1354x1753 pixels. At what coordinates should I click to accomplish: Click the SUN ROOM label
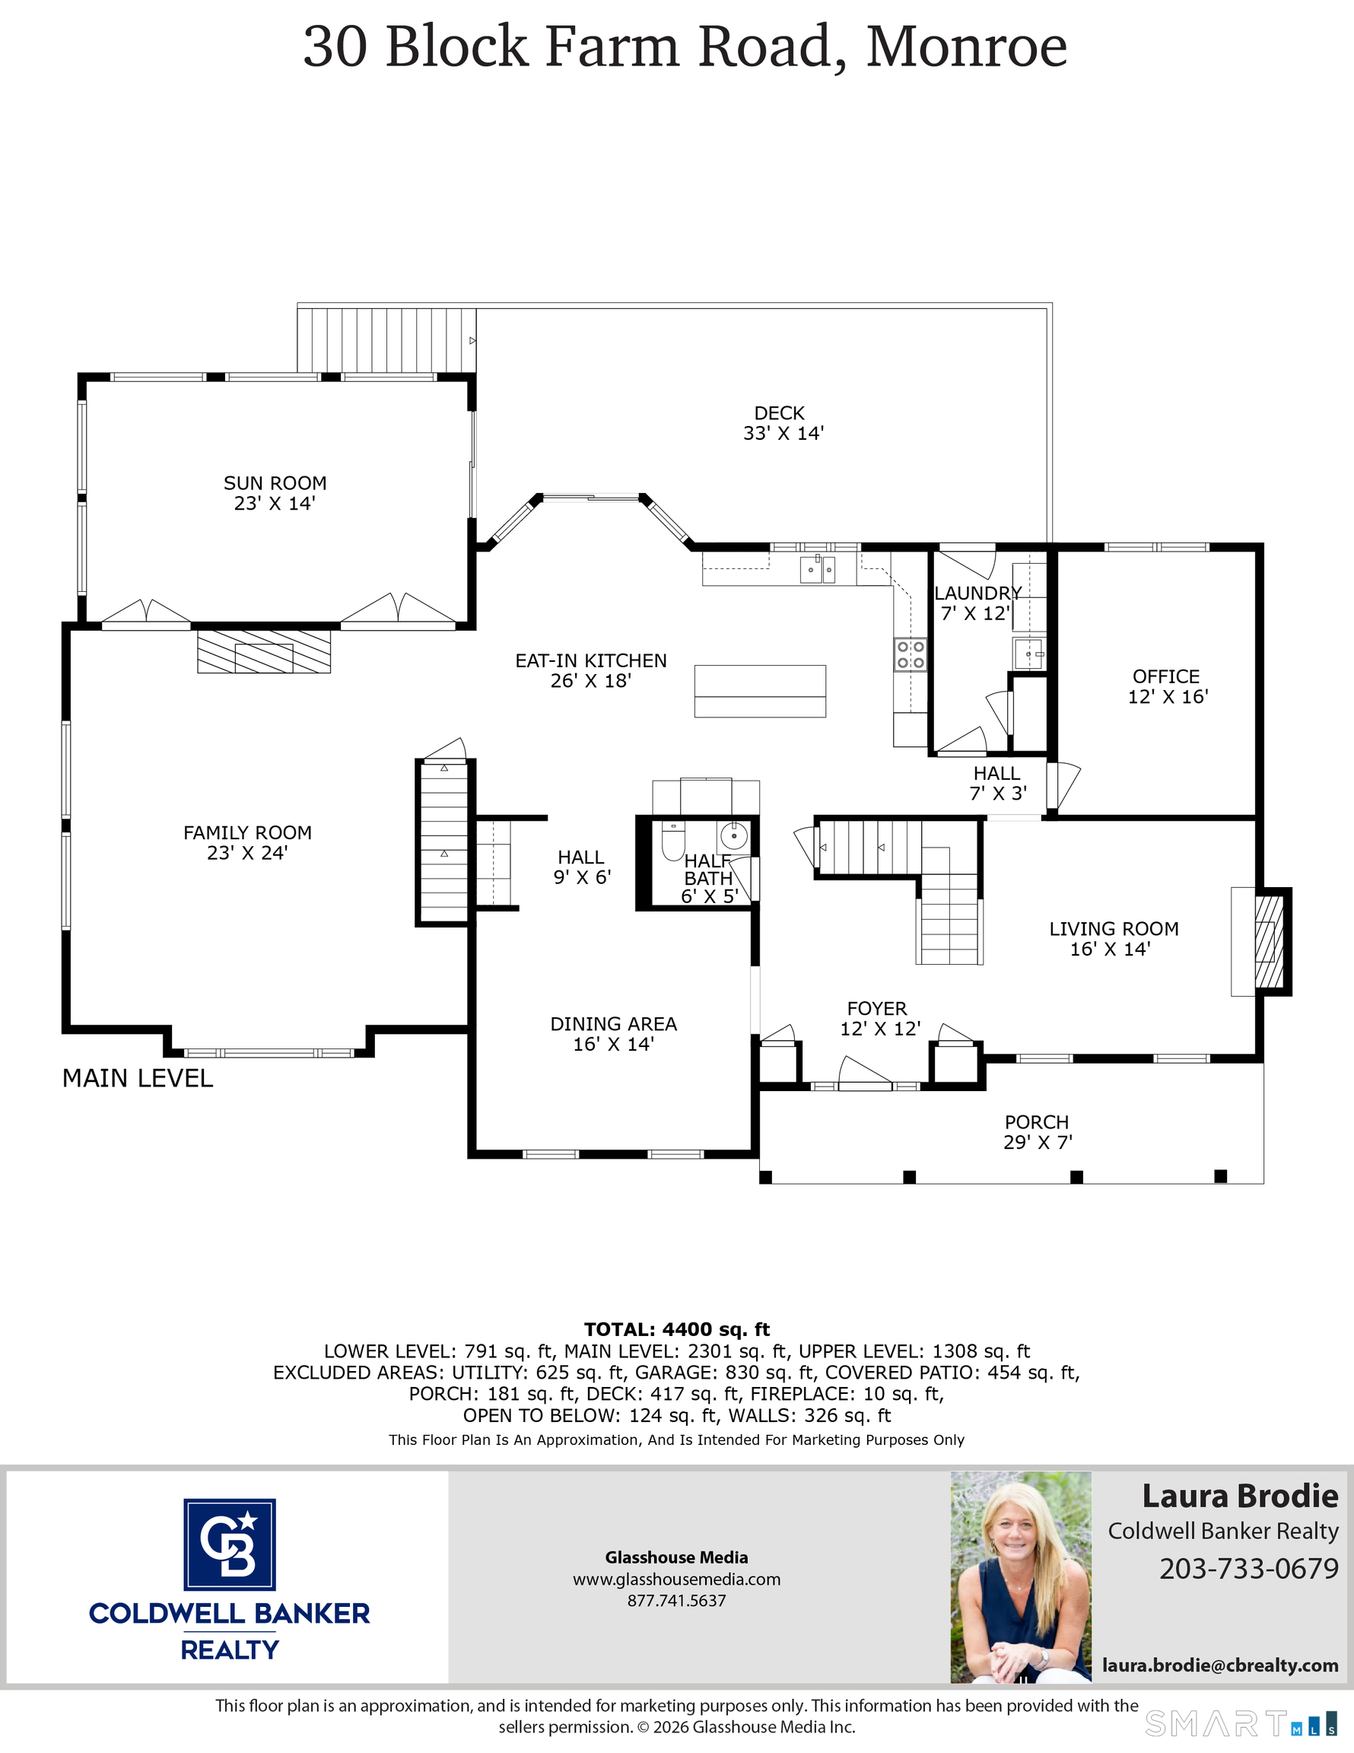coord(275,493)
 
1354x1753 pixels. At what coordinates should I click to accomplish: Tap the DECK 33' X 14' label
coord(783,423)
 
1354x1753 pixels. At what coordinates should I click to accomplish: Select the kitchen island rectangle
coord(759,691)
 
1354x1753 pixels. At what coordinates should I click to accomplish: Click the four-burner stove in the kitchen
coord(911,654)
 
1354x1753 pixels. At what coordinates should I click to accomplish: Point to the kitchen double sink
coord(817,569)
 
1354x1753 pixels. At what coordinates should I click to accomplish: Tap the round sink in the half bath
coord(733,836)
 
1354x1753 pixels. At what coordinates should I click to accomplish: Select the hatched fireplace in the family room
coord(264,652)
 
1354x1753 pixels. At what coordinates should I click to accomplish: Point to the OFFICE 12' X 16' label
coord(1167,686)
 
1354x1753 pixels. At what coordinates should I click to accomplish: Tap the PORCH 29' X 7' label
coord(1037,1131)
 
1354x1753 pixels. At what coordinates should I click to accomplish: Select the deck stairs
coord(386,340)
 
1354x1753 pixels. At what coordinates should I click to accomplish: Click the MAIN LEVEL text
coord(138,1078)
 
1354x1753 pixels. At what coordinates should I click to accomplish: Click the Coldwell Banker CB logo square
coord(230,1545)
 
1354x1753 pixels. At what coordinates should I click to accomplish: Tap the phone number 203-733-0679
coord(1248,1567)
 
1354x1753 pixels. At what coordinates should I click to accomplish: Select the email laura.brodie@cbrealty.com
coord(1219,1665)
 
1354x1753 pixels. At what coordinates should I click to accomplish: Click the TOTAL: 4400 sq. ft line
coord(676,1329)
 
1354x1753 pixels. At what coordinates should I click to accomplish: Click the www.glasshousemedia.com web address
coord(676,1579)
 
